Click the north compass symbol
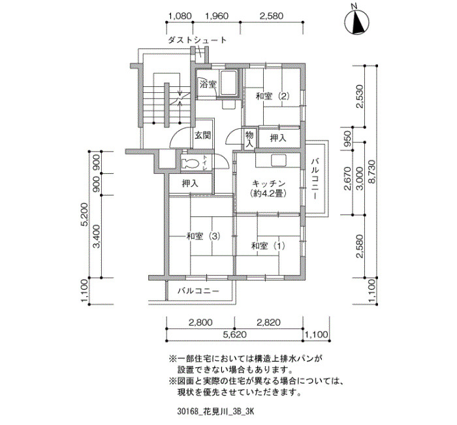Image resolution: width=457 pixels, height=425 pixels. (x=356, y=22)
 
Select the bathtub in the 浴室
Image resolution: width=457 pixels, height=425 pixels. (x=229, y=83)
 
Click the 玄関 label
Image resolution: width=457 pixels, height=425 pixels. (x=202, y=135)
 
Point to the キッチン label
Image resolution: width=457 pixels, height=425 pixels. (x=268, y=184)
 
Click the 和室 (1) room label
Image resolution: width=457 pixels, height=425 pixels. (x=268, y=246)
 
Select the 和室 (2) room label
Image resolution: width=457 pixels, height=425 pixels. (x=272, y=96)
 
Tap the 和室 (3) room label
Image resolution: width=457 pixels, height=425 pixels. (x=203, y=236)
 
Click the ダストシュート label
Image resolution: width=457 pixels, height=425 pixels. (x=197, y=40)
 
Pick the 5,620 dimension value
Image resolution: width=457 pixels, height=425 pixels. (x=235, y=334)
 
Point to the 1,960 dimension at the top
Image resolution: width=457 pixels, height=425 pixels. (x=217, y=16)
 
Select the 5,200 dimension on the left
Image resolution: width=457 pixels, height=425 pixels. (x=84, y=214)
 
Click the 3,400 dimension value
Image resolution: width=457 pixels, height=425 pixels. (x=97, y=236)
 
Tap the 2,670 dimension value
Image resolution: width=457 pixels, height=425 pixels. (x=347, y=178)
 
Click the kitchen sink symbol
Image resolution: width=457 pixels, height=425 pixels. (x=279, y=161)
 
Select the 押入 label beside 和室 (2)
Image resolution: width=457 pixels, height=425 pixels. (x=278, y=138)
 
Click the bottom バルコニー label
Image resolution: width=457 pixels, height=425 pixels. (x=198, y=291)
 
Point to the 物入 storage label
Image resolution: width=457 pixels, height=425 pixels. (x=249, y=139)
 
